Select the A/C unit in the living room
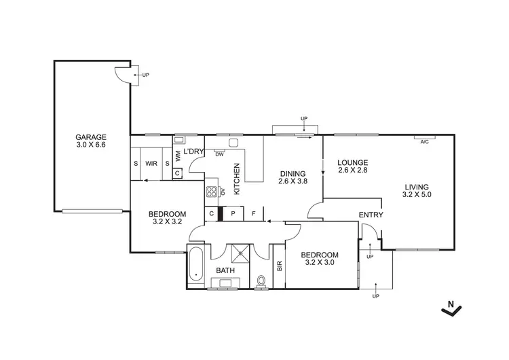click(424, 141)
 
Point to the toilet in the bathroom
click(262, 279)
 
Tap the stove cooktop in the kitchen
click(212, 192)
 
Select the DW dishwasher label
click(219, 154)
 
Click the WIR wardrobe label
click(151, 164)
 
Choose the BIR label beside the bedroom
click(279, 266)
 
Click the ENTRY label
click(371, 215)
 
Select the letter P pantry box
click(233, 213)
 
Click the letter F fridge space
click(253, 213)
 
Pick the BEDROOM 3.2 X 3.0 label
click(320, 259)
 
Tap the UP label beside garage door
click(145, 75)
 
